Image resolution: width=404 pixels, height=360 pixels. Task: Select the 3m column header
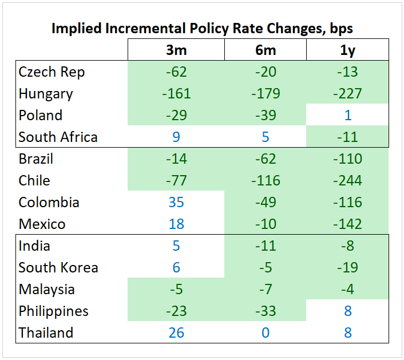[176, 50]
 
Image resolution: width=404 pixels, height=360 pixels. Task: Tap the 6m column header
[265, 50]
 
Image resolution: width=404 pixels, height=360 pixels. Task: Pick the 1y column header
[347, 50]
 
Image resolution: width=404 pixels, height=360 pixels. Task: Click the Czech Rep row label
[52, 72]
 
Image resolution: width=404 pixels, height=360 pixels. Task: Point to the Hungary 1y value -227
[347, 94]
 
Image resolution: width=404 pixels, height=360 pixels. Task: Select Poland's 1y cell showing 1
[347, 116]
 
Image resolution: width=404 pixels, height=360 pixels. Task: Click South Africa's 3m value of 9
[176, 137]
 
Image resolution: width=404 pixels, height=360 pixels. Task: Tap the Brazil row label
[36, 159]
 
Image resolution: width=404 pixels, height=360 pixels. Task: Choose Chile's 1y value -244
[347, 181]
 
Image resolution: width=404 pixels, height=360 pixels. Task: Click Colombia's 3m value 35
[176, 203]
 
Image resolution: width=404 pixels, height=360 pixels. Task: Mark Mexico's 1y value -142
[347, 224]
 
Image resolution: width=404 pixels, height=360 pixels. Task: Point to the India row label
[34, 246]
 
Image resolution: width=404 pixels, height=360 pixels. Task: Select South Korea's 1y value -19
[347, 268]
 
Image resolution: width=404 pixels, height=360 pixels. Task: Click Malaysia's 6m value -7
[265, 290]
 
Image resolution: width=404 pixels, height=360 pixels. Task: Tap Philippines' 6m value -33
[265, 311]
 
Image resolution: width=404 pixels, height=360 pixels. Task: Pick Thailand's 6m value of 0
[265, 333]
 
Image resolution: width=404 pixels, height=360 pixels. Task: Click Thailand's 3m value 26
[176, 333]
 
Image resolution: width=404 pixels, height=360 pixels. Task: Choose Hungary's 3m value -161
[176, 94]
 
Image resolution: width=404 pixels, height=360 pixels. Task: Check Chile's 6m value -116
[265, 181]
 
